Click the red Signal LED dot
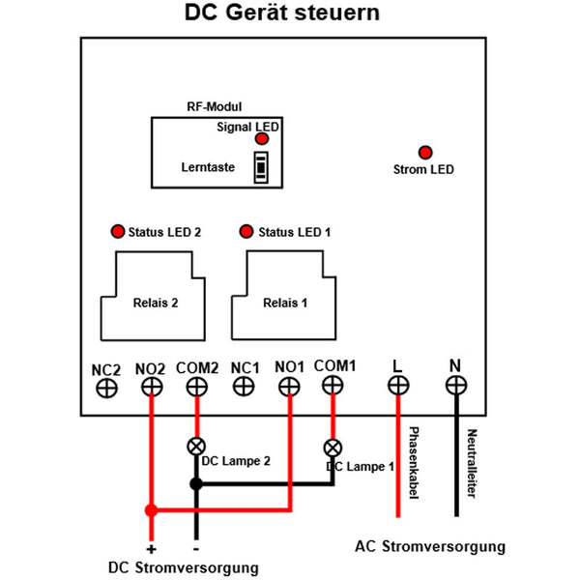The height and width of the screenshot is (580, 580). point(262,139)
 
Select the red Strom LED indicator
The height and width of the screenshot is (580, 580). point(423,152)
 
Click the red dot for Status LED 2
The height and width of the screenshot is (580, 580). point(118,232)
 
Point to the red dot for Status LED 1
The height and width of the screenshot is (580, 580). point(246,232)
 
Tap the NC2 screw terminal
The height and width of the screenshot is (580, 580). point(105,388)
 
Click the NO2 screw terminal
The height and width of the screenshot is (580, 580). point(151,388)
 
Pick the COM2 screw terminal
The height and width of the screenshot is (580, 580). point(196,388)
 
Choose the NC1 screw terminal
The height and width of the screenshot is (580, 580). point(245,388)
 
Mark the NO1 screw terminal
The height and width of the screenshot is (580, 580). point(289,388)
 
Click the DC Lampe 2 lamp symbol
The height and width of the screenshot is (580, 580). point(196,447)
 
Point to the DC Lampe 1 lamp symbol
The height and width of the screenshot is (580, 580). point(333,448)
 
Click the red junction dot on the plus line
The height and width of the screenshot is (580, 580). point(150,510)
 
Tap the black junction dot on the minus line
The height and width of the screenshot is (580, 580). point(196,483)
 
